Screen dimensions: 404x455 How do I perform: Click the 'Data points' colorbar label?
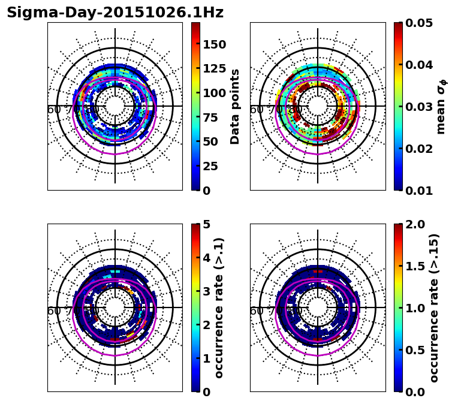235,106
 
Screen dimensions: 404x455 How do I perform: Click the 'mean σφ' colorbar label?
441,107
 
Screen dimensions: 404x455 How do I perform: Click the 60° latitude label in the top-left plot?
54,110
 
